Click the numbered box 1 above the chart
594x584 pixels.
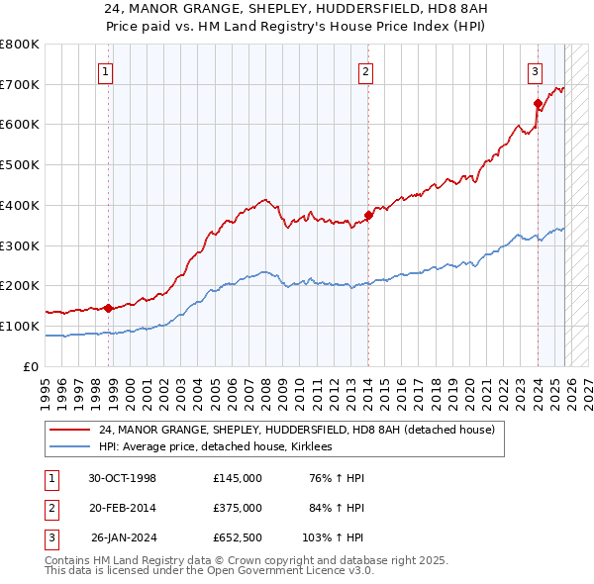click(105, 70)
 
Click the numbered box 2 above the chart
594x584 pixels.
click(365, 70)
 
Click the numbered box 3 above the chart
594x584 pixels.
click(535, 70)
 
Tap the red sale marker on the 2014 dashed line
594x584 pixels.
click(368, 215)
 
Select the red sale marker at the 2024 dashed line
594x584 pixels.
click(538, 103)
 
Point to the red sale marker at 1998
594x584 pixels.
click(108, 307)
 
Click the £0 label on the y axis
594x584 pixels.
click(30, 366)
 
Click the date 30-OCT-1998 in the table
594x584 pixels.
click(123, 478)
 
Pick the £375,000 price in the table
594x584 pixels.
click(238, 508)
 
